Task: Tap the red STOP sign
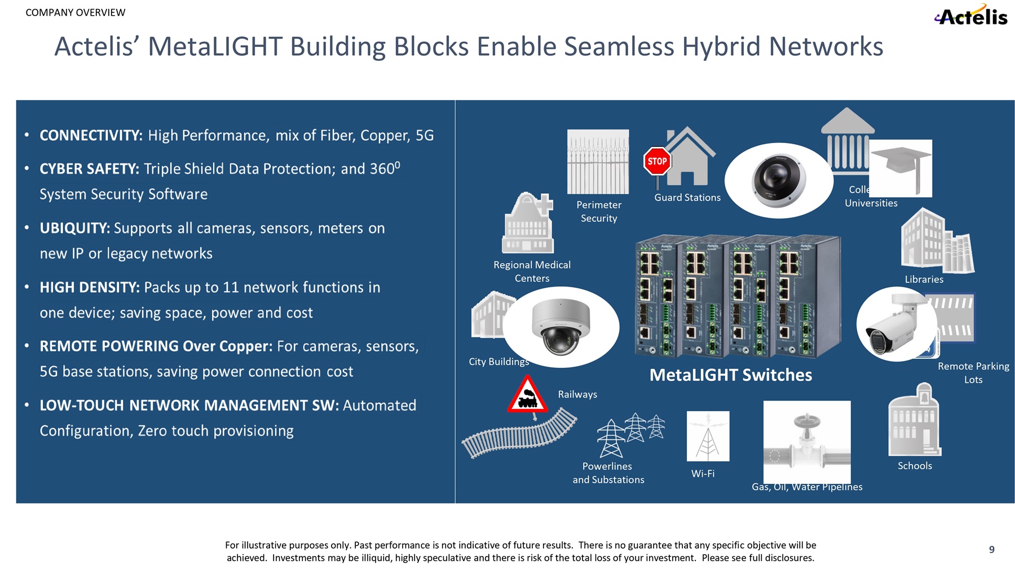click(x=657, y=161)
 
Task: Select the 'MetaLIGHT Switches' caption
click(x=730, y=375)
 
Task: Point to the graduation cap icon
click(x=901, y=166)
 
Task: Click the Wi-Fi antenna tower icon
click(x=708, y=436)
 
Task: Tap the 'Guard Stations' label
click(x=687, y=198)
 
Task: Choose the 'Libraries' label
click(x=924, y=279)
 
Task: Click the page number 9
click(x=991, y=550)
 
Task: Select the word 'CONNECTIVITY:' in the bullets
click(x=91, y=136)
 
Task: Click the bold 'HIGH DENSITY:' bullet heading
click(x=89, y=288)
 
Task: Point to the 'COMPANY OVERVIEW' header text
click(x=76, y=12)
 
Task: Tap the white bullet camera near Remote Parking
click(x=895, y=325)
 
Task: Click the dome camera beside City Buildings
click(x=560, y=326)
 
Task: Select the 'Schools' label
click(x=915, y=466)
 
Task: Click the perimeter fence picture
click(x=598, y=162)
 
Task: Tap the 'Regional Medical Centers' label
click(x=532, y=271)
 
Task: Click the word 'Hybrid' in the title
click(x=721, y=47)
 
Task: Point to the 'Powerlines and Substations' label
click(x=608, y=473)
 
